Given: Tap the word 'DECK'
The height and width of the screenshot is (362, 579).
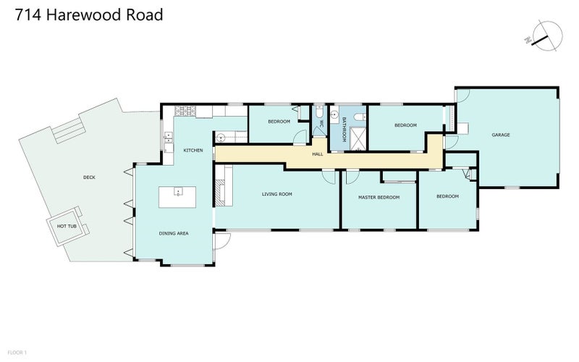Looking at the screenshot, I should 89,177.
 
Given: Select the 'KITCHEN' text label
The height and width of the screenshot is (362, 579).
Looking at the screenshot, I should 193,151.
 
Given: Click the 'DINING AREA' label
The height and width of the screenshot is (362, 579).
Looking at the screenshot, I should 174,234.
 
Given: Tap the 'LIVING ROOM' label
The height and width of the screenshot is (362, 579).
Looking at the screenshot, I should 276,194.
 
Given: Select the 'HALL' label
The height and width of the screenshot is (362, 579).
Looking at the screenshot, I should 318,153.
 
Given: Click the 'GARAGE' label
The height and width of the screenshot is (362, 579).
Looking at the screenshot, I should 502,135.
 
